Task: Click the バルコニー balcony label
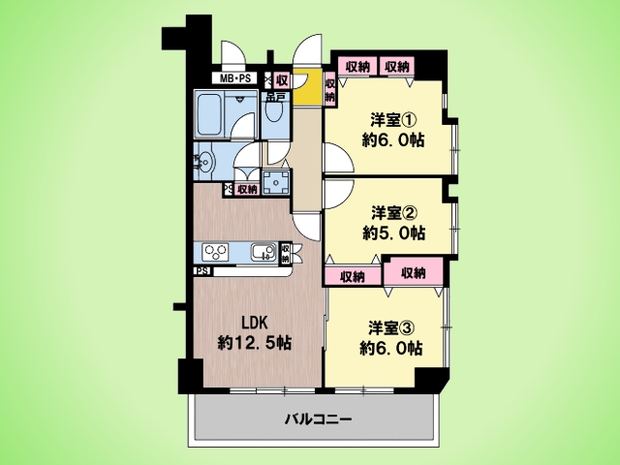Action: (x=318, y=418)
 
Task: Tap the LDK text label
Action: (x=255, y=323)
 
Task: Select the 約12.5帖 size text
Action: (x=255, y=343)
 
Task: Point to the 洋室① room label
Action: (x=388, y=120)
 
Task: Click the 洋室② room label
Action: (x=389, y=213)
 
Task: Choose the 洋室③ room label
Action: (x=387, y=328)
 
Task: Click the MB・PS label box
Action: (x=234, y=78)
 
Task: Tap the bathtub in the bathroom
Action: (x=209, y=114)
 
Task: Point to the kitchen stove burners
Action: (x=215, y=252)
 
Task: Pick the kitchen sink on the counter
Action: (x=263, y=252)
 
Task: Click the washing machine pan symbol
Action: (x=275, y=182)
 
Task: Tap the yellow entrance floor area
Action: (x=306, y=87)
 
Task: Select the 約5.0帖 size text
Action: (x=394, y=233)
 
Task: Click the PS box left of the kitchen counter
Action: (x=202, y=271)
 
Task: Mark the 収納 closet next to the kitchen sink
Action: (x=285, y=254)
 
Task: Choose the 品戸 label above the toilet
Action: (x=275, y=97)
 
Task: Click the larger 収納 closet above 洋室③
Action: (x=414, y=272)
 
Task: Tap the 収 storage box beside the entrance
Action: (x=282, y=81)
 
